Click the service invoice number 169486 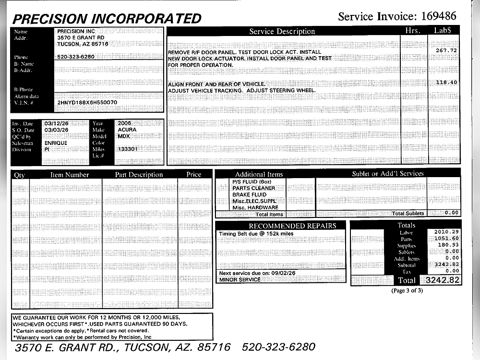(439, 16)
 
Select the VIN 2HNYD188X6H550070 (87, 103)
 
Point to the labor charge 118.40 (446, 83)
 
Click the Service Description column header (282, 31)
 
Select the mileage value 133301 (128, 149)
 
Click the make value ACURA (127, 130)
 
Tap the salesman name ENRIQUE (56, 143)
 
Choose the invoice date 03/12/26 (56, 123)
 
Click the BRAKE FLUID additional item (249, 195)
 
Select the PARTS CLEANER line (253, 188)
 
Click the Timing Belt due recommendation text (255, 234)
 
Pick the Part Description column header (139, 175)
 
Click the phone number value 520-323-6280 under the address (76, 57)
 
